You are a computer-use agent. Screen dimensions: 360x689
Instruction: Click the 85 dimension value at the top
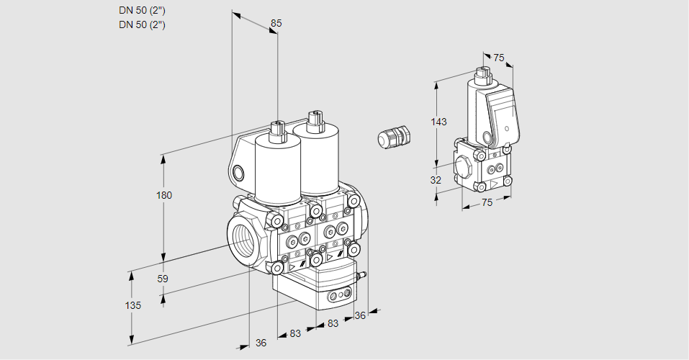[276, 23]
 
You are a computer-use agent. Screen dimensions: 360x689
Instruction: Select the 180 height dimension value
[164, 195]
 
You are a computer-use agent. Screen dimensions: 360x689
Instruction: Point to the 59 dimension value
[163, 279]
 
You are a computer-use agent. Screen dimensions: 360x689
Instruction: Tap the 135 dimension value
[132, 305]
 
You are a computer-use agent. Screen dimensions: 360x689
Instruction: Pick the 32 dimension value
[436, 180]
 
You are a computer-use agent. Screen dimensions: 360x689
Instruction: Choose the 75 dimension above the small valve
[499, 58]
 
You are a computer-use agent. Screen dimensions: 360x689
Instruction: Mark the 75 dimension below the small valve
[487, 203]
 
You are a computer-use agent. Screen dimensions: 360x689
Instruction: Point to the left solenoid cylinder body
[277, 169]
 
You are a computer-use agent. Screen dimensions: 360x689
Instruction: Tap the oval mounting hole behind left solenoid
[238, 173]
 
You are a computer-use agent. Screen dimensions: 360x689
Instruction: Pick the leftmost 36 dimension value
[261, 343]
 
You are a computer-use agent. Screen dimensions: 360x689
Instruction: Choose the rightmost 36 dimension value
[361, 315]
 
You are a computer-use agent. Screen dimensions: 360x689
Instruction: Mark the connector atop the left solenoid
[275, 130]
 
